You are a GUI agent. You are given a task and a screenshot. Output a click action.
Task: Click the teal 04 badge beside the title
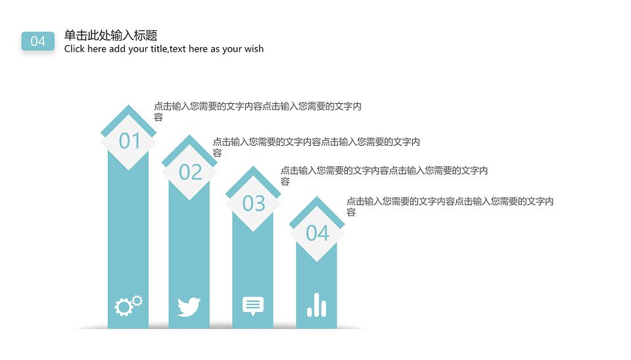click(38, 41)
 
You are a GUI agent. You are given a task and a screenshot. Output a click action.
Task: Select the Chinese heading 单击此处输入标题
click(110, 35)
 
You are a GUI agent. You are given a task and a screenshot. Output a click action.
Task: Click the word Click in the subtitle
click(74, 49)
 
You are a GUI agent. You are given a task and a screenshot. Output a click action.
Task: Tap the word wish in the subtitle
click(254, 49)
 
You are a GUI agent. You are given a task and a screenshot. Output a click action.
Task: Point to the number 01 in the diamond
click(129, 141)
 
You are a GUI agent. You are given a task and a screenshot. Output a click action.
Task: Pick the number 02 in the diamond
click(191, 172)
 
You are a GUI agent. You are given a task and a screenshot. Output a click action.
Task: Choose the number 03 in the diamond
click(254, 203)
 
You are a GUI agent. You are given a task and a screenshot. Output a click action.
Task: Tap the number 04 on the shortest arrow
click(317, 233)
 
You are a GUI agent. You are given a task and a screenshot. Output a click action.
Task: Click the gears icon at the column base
click(128, 305)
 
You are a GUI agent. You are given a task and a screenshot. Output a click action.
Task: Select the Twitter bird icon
click(189, 307)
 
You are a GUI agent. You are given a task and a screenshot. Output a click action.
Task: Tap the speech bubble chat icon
click(252, 306)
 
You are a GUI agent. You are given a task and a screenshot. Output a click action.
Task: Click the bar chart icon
click(317, 305)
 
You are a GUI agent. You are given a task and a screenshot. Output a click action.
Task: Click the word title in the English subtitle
click(159, 49)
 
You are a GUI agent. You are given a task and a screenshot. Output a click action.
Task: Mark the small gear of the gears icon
click(137, 300)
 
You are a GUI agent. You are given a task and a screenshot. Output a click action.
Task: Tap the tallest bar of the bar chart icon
click(317, 305)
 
